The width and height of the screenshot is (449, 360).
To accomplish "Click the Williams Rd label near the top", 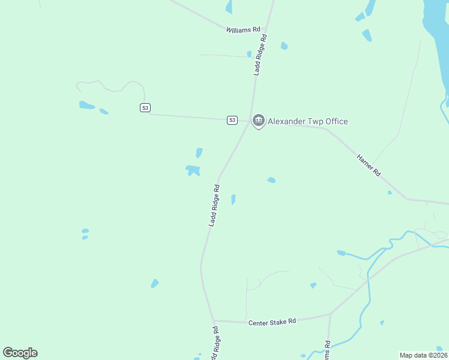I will point(243,29).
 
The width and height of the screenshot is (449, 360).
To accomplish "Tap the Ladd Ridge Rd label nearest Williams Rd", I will point(260,55).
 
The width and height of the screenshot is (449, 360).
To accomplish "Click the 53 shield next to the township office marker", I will point(232,120).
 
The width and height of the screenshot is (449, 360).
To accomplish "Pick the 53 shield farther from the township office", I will point(145,107).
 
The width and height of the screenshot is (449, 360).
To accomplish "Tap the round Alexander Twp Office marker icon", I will point(259,121).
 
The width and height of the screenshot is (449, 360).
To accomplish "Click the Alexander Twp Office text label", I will point(307,121).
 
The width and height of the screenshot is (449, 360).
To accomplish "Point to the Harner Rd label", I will point(369,165).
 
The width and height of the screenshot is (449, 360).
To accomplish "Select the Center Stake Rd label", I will point(273,322).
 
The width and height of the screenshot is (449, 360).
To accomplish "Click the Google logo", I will point(20,352).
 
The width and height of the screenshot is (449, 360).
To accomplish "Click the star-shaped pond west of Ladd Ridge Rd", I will point(193,170).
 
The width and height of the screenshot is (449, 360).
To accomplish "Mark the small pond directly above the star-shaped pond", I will point(199,153).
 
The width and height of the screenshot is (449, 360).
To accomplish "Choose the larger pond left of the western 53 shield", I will point(86,105).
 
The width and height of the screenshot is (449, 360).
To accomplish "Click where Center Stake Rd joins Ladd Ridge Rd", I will point(213,320).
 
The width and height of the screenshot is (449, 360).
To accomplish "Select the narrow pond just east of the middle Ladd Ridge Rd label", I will point(234,199).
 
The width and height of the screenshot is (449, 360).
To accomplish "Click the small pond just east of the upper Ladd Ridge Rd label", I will point(284,46).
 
